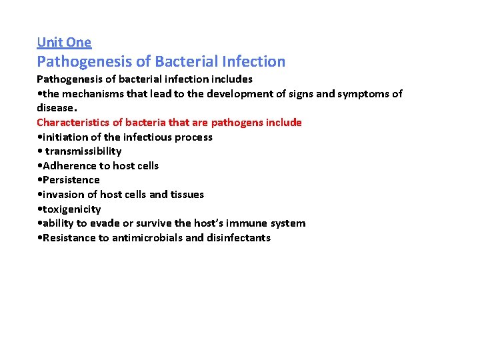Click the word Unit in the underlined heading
[x=49, y=43]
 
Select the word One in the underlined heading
[x=79, y=43]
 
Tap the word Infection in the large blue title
[x=254, y=62]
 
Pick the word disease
[x=56, y=108]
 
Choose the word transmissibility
[x=83, y=151]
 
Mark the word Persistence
[x=71, y=180]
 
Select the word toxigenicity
[x=71, y=209]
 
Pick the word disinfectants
[x=239, y=238]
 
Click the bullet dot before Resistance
[x=40, y=238]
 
